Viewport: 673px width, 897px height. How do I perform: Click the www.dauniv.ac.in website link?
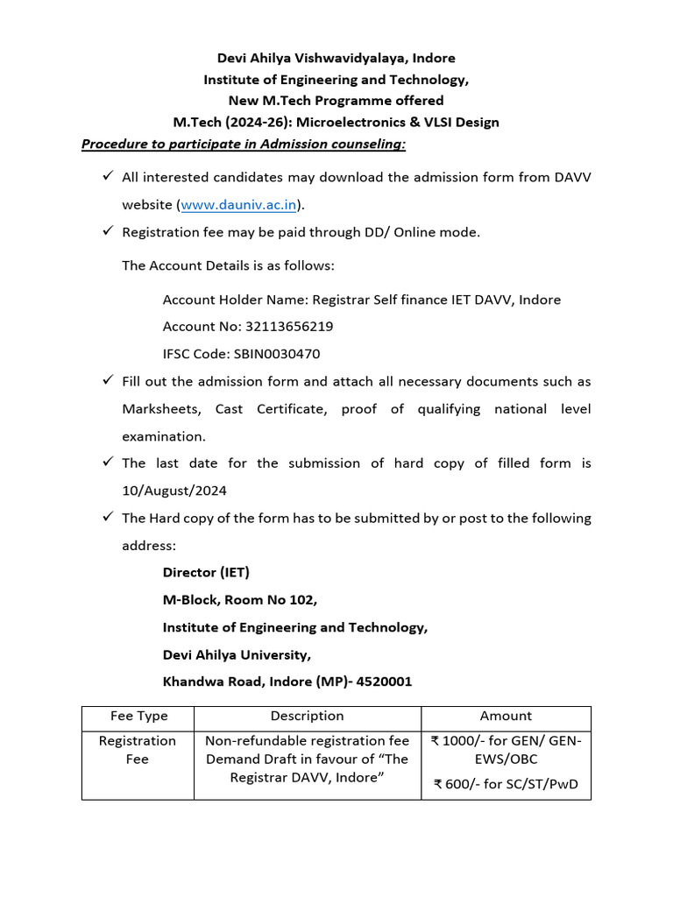pos(238,205)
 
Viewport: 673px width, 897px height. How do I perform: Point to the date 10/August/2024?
pos(174,491)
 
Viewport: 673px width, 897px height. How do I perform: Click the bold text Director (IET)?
pos(206,572)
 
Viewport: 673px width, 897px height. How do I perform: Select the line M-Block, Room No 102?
pos(240,600)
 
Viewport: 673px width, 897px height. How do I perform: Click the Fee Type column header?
pos(138,716)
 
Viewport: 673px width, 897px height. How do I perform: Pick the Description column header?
pos(307,716)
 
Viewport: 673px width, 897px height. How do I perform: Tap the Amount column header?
pos(506,716)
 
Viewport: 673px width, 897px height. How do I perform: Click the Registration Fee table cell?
pos(138,750)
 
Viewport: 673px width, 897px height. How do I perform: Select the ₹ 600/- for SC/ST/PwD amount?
pos(506,784)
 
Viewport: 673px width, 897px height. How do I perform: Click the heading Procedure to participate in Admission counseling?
pos(244,144)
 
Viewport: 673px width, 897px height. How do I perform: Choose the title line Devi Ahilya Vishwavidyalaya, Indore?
pos(336,58)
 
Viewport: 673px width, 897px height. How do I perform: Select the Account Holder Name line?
pos(361,300)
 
